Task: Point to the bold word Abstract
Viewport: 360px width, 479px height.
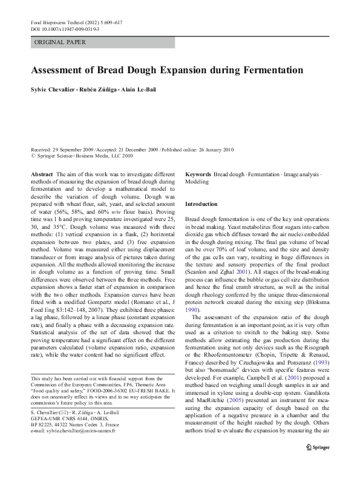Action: coord(42,173)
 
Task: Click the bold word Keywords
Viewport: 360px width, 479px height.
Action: coord(198,173)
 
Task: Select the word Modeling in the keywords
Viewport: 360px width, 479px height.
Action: coord(197,181)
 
